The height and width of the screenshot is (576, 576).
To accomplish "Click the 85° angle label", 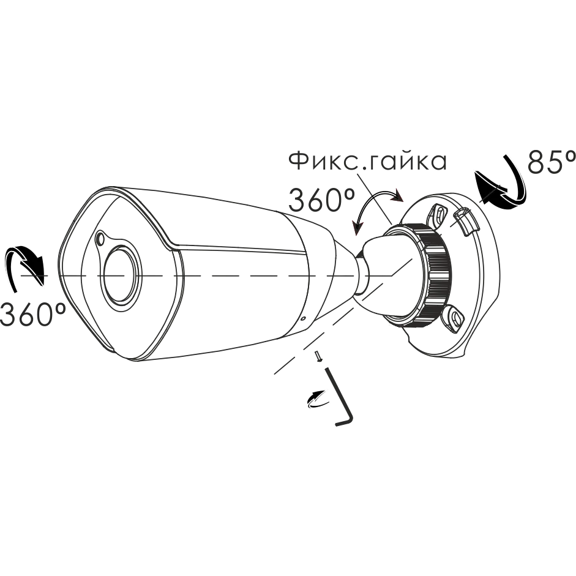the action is point(551,162).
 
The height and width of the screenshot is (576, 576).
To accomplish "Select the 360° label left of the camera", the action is point(33,314).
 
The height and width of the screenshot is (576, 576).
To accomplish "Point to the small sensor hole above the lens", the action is point(99,239).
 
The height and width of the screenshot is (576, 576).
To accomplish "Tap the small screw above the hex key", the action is point(318,356).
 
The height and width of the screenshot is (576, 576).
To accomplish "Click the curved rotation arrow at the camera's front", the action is point(26,263).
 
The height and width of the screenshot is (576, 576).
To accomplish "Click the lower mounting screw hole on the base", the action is point(454,316).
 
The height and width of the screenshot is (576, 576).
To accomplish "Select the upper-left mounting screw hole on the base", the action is point(439,212).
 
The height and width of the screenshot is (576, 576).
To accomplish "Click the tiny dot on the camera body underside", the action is point(303,318).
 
